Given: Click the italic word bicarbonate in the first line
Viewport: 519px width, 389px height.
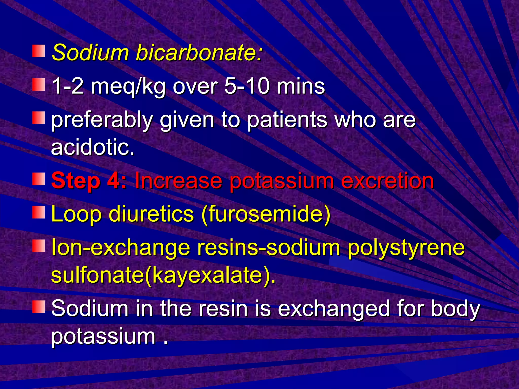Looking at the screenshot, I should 199,53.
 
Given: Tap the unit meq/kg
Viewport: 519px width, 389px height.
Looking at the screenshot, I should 128,87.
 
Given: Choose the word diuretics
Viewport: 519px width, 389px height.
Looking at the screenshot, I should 151,214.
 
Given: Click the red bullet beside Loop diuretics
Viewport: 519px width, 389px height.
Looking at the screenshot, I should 39,212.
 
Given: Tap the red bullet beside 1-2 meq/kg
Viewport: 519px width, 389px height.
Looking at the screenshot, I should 39,84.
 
